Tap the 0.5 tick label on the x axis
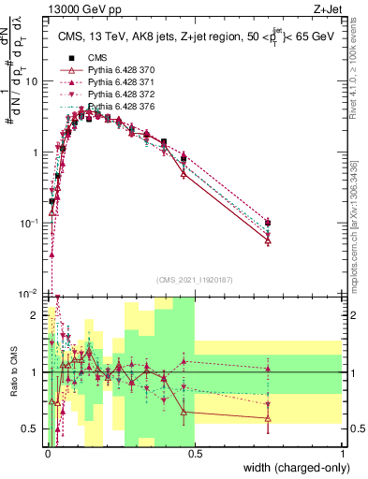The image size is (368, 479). click(x=195, y=452)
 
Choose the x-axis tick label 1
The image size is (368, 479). click(x=343, y=452)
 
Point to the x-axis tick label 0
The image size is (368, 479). click(x=47, y=452)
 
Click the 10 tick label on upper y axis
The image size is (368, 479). click(x=32, y=81)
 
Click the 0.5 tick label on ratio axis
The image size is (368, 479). click(x=32, y=428)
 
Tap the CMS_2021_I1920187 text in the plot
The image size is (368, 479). click(x=195, y=280)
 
